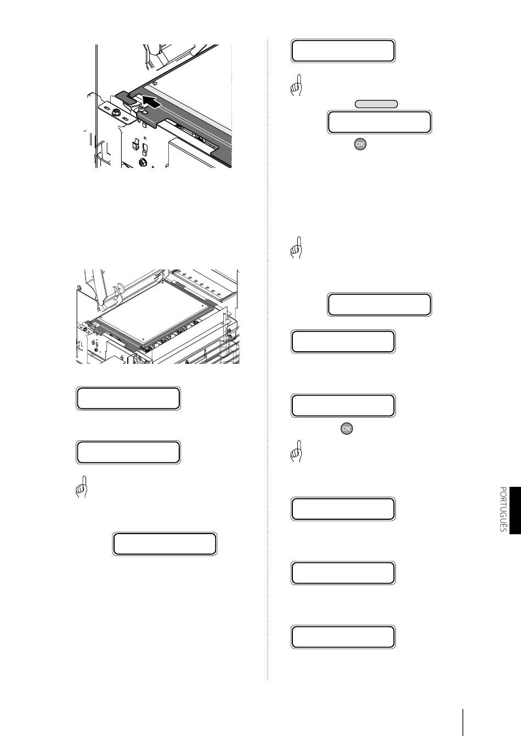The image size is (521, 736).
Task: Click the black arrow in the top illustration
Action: coord(152,102)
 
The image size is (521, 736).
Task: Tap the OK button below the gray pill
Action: coord(360,144)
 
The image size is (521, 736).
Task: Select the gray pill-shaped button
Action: coord(376,104)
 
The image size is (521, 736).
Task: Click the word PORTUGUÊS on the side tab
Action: coord(503,509)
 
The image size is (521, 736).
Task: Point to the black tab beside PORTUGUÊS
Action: coord(515,510)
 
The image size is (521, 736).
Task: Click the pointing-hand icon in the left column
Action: coord(81,486)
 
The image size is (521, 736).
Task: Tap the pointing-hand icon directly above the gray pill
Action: coord(297,85)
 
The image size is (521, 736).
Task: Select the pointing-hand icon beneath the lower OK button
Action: coord(297,451)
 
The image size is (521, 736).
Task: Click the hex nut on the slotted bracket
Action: coord(116,113)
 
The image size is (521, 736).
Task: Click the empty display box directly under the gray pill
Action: coord(380,122)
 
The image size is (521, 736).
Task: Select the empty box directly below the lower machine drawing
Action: coord(128,398)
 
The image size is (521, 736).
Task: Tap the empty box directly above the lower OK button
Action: coord(343,406)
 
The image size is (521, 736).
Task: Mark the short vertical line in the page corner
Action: coord(463,722)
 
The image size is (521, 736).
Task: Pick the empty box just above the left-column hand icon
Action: coord(128,452)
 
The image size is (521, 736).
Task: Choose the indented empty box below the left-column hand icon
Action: coord(165,544)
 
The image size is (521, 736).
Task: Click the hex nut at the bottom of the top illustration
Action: coord(143,161)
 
